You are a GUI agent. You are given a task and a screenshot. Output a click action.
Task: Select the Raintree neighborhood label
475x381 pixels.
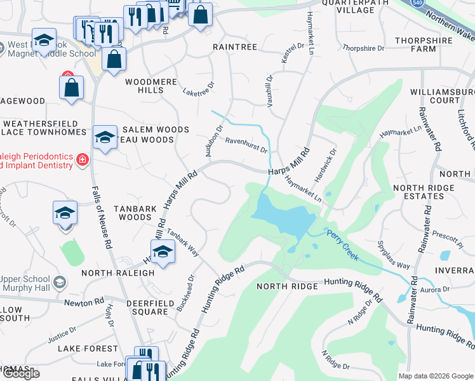point(235,47)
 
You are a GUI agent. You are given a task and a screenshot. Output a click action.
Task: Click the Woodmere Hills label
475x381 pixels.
point(151,86)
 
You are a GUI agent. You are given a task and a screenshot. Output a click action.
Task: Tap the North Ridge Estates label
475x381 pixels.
point(424,192)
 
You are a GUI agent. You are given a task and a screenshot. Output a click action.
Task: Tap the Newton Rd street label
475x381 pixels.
point(84,302)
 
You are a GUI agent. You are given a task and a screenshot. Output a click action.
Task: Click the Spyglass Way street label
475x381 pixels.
point(393,254)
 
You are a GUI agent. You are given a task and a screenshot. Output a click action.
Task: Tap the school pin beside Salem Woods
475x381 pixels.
point(105,137)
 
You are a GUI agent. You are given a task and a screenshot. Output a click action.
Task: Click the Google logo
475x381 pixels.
point(21,373)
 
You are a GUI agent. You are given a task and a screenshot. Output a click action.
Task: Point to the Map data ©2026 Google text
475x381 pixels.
point(435,376)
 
